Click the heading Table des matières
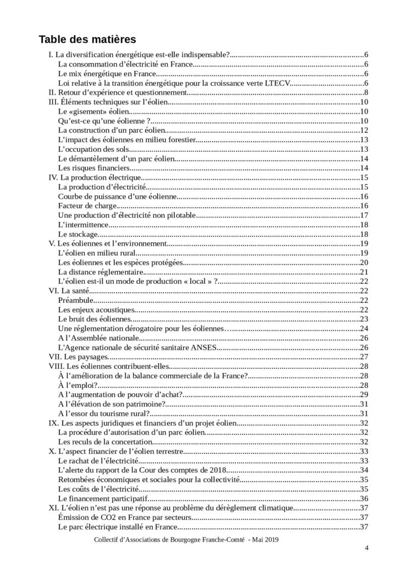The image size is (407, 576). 87,39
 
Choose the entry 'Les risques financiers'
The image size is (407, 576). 94,168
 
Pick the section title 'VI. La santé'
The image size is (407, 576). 68,291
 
